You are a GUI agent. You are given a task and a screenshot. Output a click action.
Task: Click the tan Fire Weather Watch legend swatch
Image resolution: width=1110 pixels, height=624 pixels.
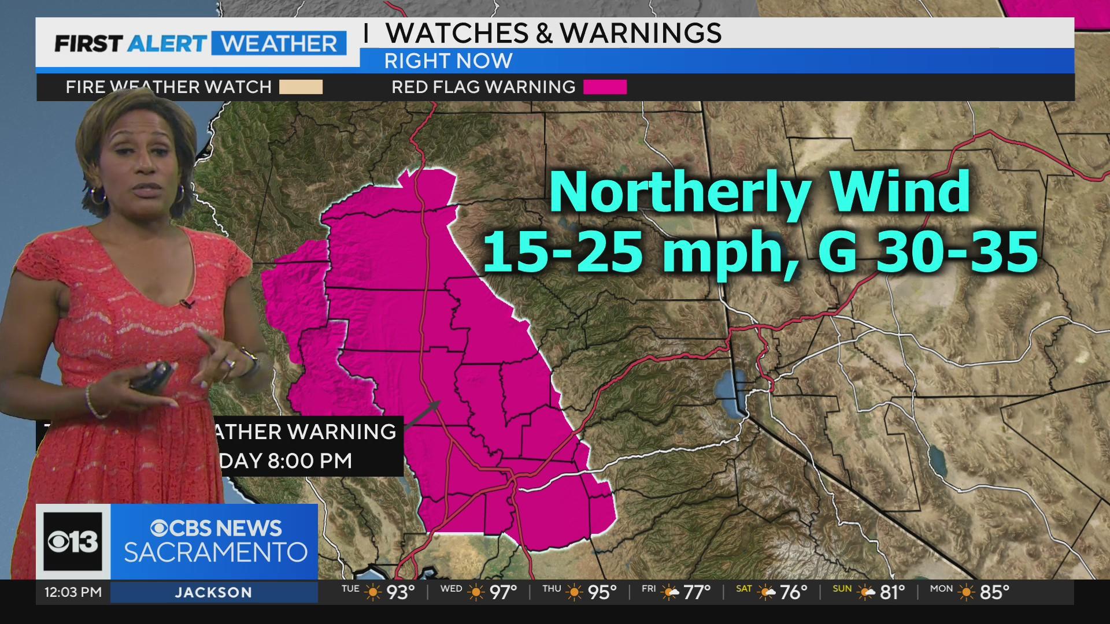pos(301,87)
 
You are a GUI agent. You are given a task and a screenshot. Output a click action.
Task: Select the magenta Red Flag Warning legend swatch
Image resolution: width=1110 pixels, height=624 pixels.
pos(605,87)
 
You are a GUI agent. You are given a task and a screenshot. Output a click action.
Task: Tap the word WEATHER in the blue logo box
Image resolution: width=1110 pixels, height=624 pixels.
pos(279,44)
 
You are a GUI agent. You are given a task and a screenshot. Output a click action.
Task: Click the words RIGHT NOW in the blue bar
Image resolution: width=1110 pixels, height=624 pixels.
pos(448,61)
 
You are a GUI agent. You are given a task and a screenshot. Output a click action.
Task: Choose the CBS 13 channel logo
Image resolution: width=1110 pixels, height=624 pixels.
pos(73,541)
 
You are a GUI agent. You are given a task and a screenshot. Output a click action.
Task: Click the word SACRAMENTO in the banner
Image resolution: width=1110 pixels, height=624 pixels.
pos(216,552)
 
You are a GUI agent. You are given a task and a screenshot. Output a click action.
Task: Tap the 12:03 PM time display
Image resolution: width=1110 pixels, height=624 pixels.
pos(73,592)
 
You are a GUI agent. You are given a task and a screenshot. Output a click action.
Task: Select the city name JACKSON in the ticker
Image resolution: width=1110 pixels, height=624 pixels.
pos(213,593)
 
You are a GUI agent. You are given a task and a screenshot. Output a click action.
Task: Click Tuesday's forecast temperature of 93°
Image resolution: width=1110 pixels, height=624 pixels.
pos(401,592)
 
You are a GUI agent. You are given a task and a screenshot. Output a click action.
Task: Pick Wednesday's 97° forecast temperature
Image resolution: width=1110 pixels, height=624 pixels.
pos(503,592)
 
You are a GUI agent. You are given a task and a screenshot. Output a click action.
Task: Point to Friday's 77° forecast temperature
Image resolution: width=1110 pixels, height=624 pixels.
pos(696,592)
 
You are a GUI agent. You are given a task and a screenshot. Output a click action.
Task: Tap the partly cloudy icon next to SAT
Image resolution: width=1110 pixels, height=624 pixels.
pos(767,592)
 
